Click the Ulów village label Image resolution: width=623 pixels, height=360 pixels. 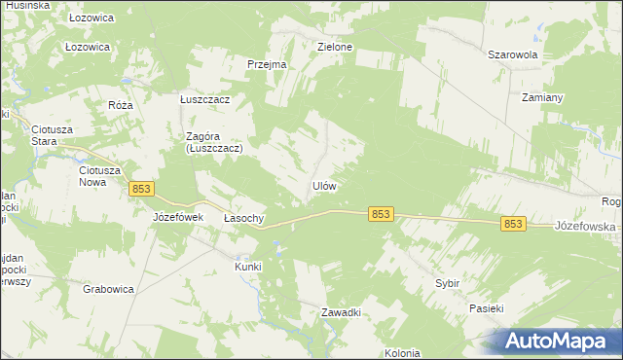pos(324,186)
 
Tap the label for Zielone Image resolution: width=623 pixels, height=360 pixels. pos(335,46)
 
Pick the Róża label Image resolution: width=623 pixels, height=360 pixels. pos(121,105)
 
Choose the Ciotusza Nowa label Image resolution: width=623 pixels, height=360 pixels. pos(99,175)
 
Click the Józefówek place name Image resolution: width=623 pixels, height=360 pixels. pos(177,217)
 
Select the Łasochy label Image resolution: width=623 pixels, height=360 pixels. pos(244,218)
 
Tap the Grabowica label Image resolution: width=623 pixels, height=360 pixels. pos(107,289)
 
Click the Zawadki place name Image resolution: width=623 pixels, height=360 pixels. pos(342,312)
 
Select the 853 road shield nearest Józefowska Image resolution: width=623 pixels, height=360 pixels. pos(514,224)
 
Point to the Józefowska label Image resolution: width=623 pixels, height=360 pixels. pos(587,226)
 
